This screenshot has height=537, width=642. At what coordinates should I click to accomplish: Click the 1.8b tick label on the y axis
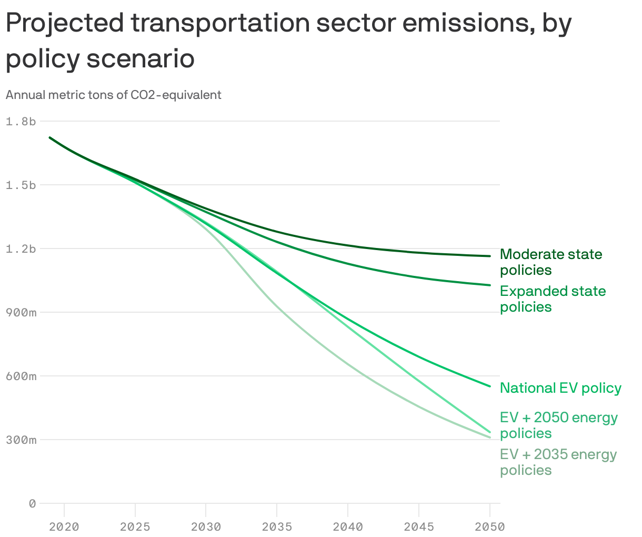pos(21,122)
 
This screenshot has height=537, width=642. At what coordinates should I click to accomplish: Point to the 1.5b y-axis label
pos(21,185)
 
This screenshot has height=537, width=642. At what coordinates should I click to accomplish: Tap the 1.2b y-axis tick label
pos(21,249)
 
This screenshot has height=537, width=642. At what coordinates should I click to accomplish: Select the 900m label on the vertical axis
pos(21,313)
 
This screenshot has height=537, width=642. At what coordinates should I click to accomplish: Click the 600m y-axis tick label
pos(21,376)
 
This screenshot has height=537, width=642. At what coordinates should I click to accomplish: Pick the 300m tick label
pos(21,440)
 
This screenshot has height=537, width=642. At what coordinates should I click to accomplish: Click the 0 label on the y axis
pos(32,504)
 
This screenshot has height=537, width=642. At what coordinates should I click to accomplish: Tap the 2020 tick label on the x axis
pos(64,526)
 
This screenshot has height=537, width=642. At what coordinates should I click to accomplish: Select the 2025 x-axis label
pos(135,526)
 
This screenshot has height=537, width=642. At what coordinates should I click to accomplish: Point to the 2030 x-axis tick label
pos(206,526)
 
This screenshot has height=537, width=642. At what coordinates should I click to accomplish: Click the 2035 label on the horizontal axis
pos(277,526)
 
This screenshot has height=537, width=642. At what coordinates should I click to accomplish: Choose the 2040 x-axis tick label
pos(348,526)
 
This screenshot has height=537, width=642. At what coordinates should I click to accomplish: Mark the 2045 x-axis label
pos(419,526)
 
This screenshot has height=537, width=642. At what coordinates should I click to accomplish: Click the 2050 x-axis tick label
pos(489,526)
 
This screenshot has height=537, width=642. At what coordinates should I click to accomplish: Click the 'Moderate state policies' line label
pos(551,262)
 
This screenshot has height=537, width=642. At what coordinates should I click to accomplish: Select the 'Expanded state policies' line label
pos(553,299)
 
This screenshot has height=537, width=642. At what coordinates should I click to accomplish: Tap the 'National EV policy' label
pos(560,388)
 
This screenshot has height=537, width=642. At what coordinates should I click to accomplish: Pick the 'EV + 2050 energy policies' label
pos(558,425)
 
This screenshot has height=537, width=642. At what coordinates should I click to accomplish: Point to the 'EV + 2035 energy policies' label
pos(558,462)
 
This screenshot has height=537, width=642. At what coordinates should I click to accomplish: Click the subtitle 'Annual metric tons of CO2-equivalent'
pos(113,95)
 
